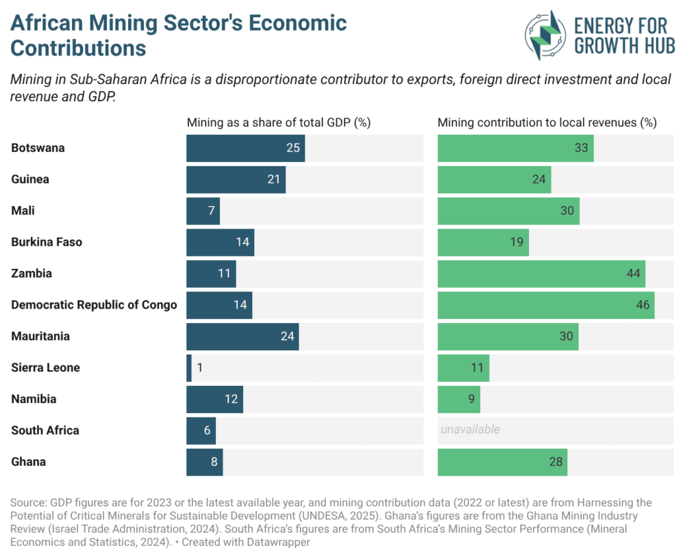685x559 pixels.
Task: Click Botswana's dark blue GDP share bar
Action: (x=245, y=148)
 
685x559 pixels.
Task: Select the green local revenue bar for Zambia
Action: (x=541, y=274)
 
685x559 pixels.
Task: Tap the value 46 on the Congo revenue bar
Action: (x=642, y=305)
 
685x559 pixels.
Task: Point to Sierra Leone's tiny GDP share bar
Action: (x=189, y=368)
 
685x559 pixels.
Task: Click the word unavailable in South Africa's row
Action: (x=470, y=430)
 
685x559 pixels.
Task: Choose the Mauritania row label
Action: (x=40, y=337)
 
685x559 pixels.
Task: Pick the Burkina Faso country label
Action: (x=47, y=242)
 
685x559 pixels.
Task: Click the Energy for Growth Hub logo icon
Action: (x=546, y=35)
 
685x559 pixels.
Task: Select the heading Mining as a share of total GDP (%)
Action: (x=278, y=123)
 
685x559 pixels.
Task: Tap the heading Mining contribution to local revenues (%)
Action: (x=547, y=123)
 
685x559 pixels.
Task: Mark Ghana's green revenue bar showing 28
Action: (x=502, y=462)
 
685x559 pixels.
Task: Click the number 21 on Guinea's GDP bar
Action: (x=273, y=179)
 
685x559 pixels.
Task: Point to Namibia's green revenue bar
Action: (x=458, y=399)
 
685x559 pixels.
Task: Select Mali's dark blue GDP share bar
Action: (x=203, y=211)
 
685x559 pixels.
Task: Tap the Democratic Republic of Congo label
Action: (x=94, y=305)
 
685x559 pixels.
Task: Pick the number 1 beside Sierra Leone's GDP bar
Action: (x=199, y=368)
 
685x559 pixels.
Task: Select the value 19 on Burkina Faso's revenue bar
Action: (x=516, y=242)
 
